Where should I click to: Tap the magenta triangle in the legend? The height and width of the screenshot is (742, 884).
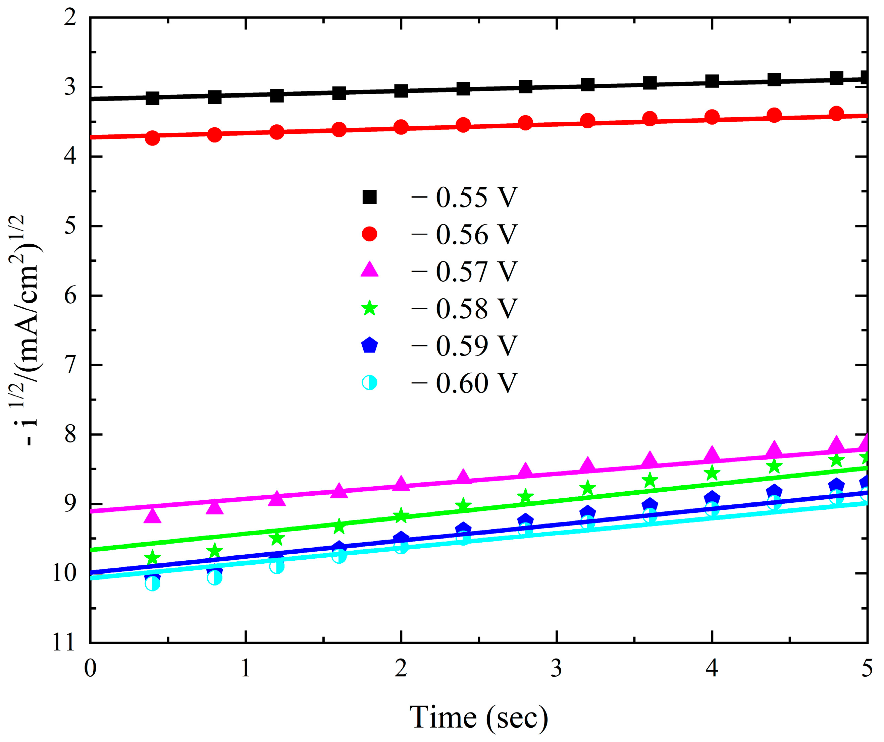370,270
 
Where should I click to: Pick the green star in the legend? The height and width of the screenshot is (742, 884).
370,308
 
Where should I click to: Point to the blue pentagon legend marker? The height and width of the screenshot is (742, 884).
370,345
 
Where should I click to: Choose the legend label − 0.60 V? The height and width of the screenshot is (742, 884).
464,383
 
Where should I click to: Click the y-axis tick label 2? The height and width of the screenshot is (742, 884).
70,18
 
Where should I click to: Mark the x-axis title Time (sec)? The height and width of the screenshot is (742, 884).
479,717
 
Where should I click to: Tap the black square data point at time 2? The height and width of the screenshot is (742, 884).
401,90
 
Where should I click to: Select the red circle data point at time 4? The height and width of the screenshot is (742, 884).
712,117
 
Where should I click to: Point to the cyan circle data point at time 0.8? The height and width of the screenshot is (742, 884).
215,578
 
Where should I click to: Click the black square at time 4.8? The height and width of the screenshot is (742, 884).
836,78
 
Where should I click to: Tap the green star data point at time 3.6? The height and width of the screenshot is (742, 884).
650,480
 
